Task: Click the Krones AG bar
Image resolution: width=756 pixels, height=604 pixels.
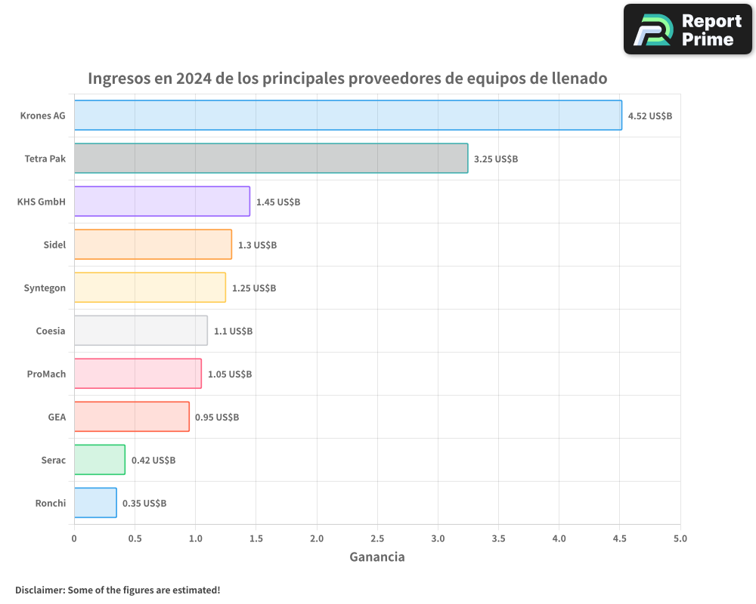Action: (348, 116)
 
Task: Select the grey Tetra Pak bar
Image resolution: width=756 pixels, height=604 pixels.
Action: (271, 159)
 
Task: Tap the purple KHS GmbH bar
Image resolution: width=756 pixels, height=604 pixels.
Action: (162, 202)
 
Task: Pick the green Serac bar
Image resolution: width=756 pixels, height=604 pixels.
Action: (99, 460)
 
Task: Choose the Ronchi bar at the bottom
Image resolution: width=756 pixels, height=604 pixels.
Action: (95, 503)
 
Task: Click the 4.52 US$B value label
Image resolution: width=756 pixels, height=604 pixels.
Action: (649, 116)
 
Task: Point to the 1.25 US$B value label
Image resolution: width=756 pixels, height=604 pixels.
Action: (253, 288)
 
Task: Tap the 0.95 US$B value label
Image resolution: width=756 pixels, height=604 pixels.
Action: (217, 418)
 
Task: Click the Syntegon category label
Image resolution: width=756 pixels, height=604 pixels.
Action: (45, 288)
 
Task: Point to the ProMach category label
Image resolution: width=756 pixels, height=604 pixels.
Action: (46, 374)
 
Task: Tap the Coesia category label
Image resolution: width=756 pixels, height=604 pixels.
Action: (51, 331)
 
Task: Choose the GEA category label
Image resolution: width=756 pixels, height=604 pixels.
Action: (57, 418)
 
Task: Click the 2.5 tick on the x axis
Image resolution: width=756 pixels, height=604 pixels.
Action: (377, 539)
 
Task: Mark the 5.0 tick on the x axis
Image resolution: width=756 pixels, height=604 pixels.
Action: (680, 539)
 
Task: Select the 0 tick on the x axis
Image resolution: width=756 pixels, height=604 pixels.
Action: (74, 539)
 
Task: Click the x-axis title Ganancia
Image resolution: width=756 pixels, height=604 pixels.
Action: (377, 557)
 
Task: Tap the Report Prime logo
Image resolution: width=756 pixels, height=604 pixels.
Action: (687, 29)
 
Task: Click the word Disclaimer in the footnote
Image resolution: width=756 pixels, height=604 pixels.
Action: (39, 590)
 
